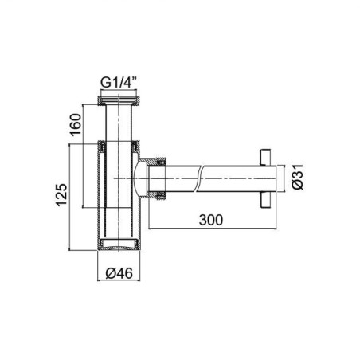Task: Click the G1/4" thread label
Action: tap(119, 83)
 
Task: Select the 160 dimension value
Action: tap(75, 124)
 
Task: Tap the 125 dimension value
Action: tap(61, 194)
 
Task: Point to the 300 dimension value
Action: tap(211, 220)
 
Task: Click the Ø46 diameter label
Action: tap(119, 273)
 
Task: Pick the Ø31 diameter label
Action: tap(297, 177)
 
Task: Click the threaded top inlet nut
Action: tap(119, 101)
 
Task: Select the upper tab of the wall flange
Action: tap(264, 157)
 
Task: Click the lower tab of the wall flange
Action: tap(264, 199)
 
